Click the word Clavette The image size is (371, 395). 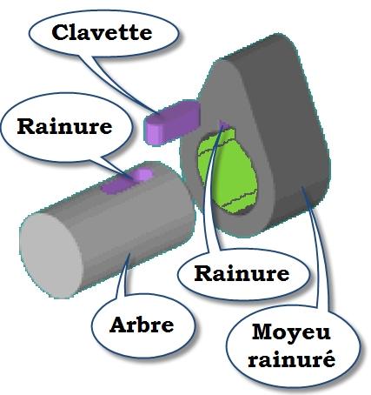coord(102,32)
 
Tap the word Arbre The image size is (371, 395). coord(142,325)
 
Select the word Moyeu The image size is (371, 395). coord(291,333)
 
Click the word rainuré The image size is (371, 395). coord(292,359)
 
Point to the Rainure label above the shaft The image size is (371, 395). coord(64,126)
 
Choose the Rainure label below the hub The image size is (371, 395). coord(242,273)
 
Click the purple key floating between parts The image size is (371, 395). coord(172,122)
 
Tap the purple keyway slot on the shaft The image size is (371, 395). coord(127,181)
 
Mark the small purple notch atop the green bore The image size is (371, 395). coord(223,124)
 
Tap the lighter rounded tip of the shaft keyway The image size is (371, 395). coord(142,175)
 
